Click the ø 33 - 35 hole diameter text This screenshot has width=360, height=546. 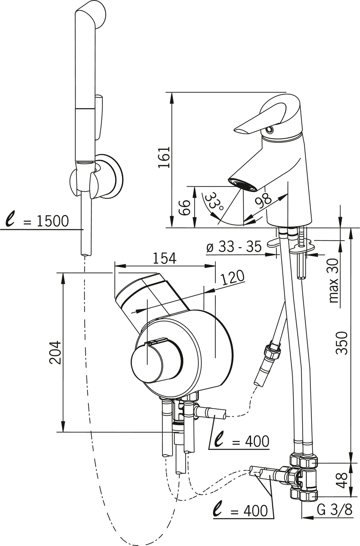point(233,247)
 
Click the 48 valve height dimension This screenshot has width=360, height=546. point(344,479)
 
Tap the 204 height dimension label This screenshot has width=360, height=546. point(55,352)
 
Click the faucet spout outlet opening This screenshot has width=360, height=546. point(243,185)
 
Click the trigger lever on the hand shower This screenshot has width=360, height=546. point(100,116)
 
